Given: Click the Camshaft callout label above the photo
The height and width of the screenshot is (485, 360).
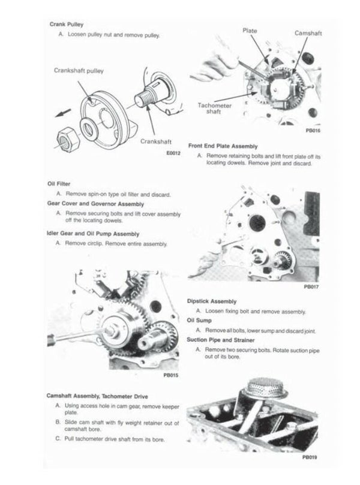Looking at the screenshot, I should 307,34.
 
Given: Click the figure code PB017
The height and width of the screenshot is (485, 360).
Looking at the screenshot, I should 311,287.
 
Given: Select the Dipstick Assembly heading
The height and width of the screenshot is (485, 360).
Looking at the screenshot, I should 212,302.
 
